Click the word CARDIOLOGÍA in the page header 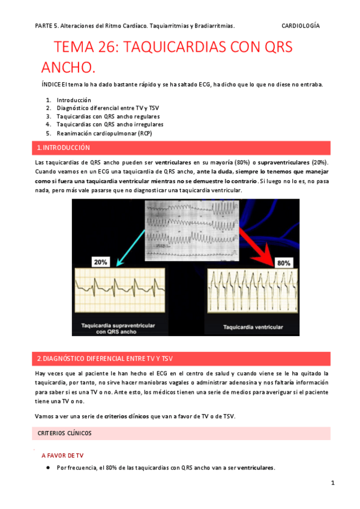pyautogui.click(x=300, y=26)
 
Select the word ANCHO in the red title pyautogui.click(x=68, y=66)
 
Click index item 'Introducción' pyautogui.click(x=74, y=100)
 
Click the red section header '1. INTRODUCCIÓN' pyautogui.click(x=63, y=147)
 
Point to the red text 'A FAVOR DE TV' pyautogui.click(x=62, y=456)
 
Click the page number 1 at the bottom pyautogui.click(x=332, y=483)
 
